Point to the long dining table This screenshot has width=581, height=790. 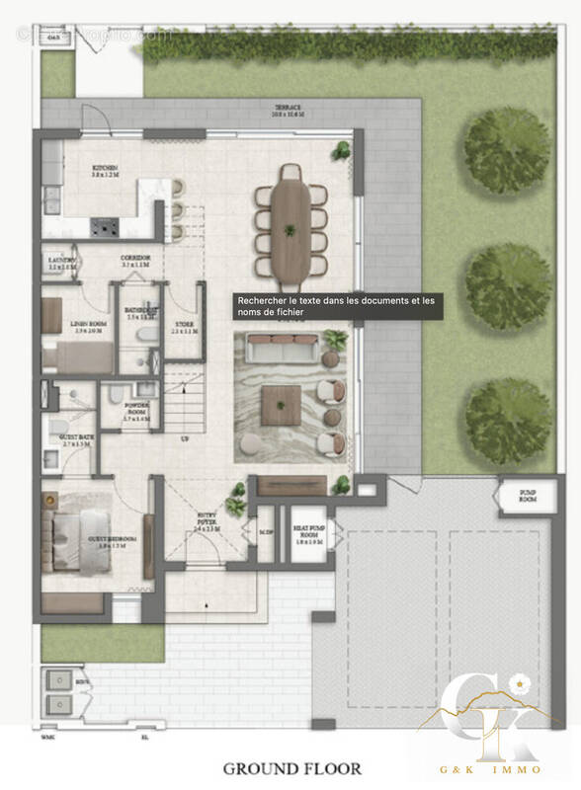pyautogui.click(x=290, y=220)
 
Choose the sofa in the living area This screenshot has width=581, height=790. pyautogui.click(x=282, y=347)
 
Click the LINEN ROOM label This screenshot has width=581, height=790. pyautogui.click(x=88, y=328)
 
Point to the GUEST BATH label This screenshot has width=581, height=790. pyautogui.click(x=76, y=442)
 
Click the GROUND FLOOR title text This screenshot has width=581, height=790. pyautogui.click(x=278, y=767)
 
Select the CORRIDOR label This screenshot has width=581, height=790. pyautogui.click(x=133, y=262)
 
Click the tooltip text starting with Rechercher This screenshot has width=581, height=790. pyautogui.click(x=337, y=305)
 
